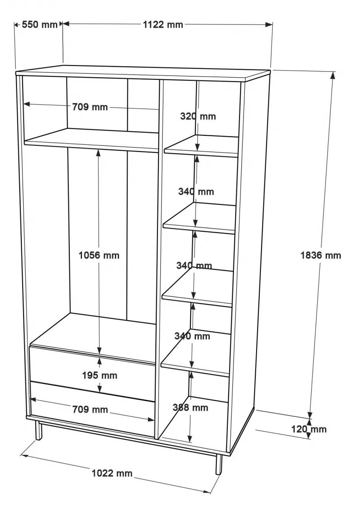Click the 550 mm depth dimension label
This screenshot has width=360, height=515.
click(x=39, y=24)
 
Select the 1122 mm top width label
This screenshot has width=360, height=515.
click(x=163, y=24)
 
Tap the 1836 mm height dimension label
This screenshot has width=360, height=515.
click(x=321, y=255)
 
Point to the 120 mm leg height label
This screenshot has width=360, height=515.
click(x=309, y=429)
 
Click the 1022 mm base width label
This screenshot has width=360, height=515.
click(x=112, y=473)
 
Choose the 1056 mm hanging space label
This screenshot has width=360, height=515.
click(x=99, y=255)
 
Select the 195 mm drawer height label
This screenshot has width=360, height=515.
click(x=99, y=375)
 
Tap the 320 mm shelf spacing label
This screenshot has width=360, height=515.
click(x=198, y=116)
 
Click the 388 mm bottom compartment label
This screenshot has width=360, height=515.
click(x=191, y=408)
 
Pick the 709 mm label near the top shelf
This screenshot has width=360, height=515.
click(x=90, y=107)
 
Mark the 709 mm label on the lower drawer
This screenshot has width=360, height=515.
click(x=90, y=409)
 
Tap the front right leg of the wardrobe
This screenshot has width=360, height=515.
click(x=219, y=464)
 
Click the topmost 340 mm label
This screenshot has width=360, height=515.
click(x=196, y=192)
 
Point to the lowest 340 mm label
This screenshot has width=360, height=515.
click(x=192, y=336)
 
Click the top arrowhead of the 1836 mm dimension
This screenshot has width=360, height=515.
click(x=333, y=75)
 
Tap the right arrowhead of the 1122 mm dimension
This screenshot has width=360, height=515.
click(x=269, y=24)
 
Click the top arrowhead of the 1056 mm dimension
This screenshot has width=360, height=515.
click(x=99, y=153)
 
